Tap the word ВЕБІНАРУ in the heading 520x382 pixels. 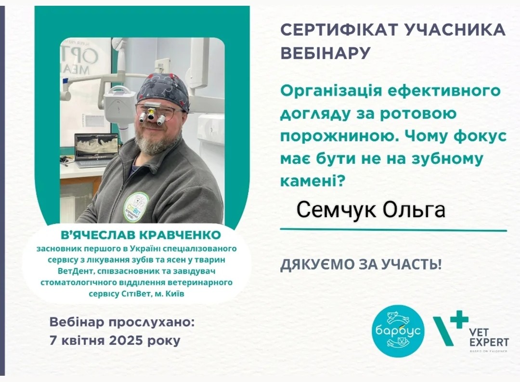(325, 53)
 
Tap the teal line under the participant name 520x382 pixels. (394, 230)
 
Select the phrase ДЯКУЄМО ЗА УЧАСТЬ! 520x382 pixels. (361, 264)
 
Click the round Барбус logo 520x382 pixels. (398, 331)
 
